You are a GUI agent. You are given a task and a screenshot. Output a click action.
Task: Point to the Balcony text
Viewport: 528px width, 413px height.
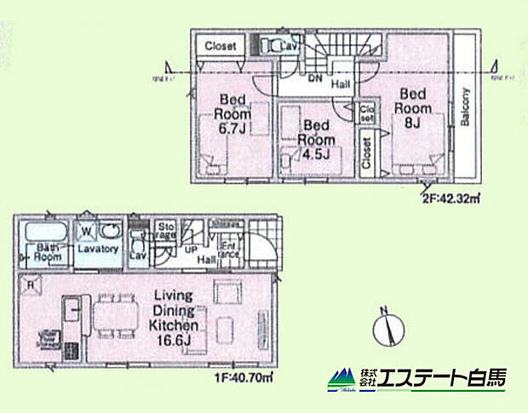[465, 109]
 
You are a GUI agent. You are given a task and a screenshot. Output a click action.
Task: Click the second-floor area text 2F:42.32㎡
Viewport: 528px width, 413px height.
[450, 200]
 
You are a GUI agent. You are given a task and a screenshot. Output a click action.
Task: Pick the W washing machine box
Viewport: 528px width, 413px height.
[86, 230]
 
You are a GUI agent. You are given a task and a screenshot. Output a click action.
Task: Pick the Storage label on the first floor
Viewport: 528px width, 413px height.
[164, 232]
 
